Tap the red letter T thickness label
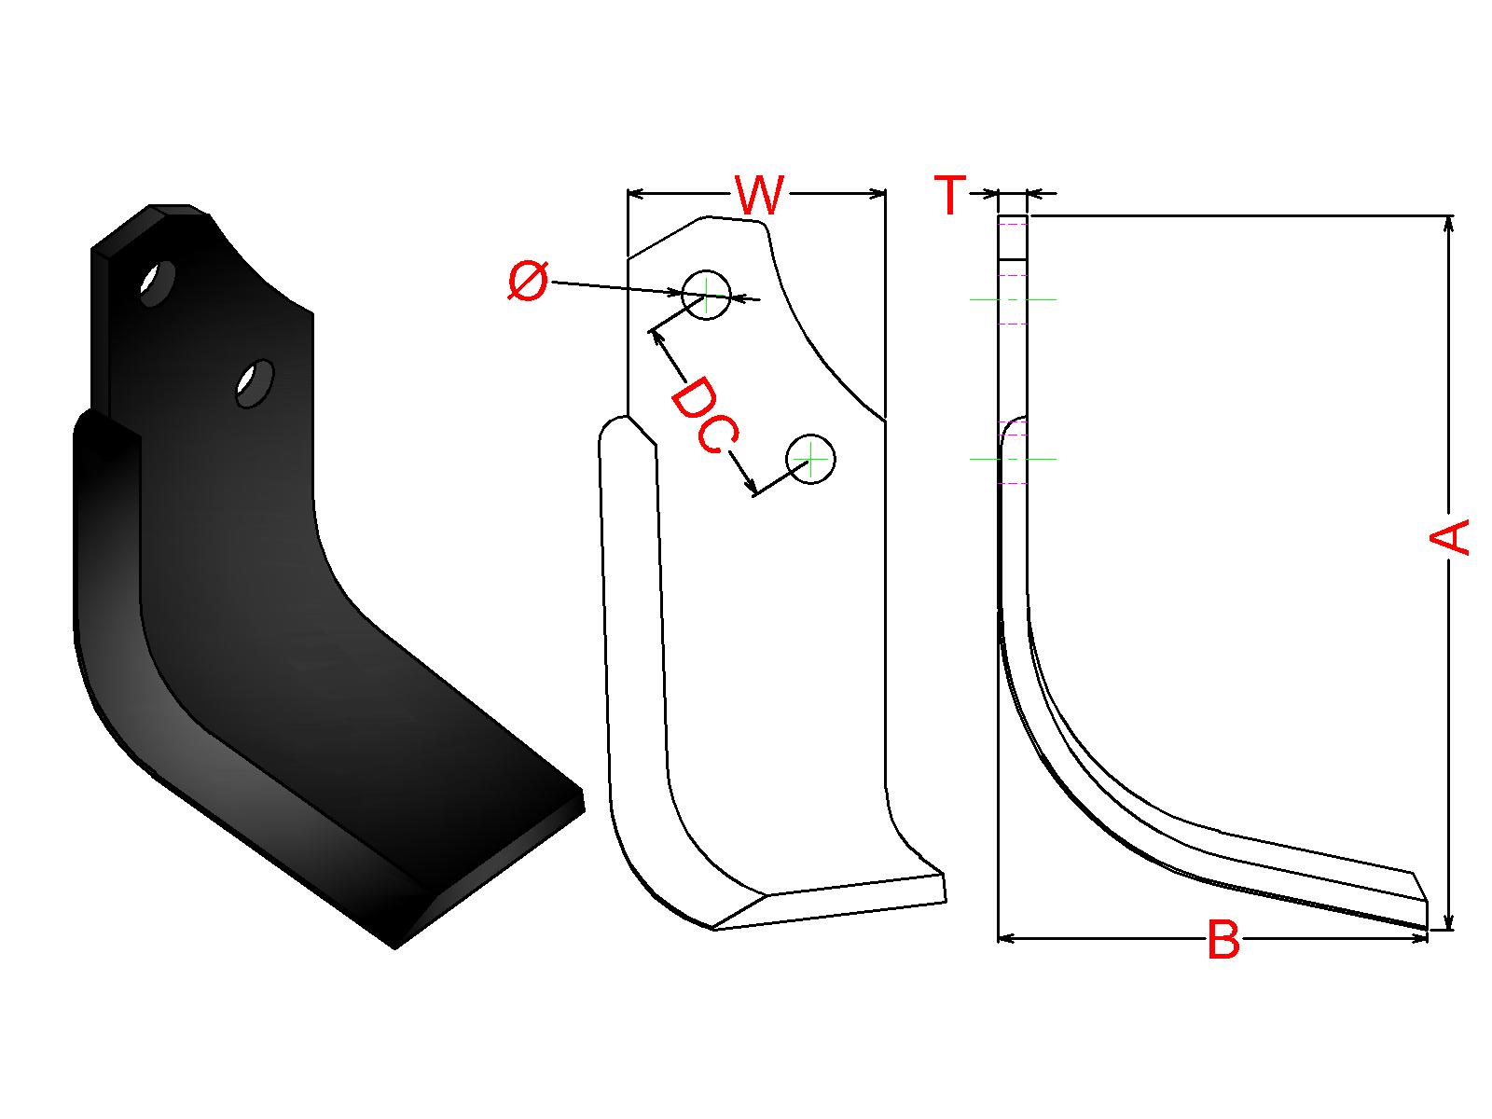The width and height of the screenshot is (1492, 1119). [x=949, y=195]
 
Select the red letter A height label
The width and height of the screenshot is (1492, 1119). [x=1448, y=537]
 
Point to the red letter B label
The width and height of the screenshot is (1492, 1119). [x=1223, y=940]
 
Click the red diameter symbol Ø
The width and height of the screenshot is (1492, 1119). [x=528, y=282]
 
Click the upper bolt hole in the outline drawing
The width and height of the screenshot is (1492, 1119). [x=706, y=297]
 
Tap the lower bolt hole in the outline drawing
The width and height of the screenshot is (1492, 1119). [x=810, y=460]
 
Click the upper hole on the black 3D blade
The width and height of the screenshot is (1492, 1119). [x=157, y=283]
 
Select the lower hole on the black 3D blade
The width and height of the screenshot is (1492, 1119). [x=255, y=383]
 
